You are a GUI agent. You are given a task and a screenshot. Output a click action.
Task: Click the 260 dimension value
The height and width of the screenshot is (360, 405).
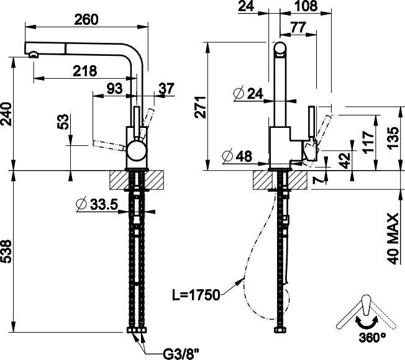coord(86,19)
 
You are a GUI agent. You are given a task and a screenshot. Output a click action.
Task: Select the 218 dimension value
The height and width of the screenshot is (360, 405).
coord(84,71)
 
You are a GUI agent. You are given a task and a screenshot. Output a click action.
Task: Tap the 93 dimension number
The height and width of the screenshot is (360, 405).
coord(114,89)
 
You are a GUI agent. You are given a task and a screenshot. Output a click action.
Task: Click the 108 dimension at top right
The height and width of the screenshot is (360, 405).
coord(304,7)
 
